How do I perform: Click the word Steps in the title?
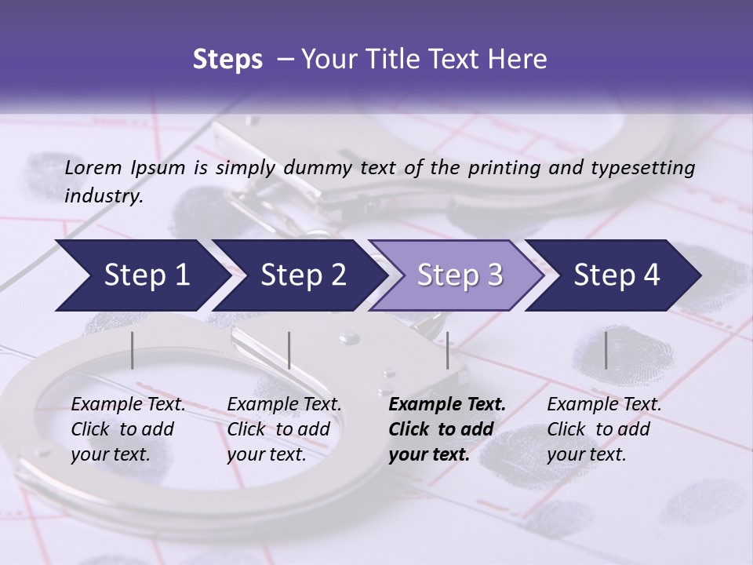227,59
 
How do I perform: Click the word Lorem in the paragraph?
93,167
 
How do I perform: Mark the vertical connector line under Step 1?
133,350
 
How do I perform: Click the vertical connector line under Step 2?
289,350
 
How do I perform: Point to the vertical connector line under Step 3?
447,350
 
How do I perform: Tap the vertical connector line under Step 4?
606,350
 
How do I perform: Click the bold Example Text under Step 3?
447,405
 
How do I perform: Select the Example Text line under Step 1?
128,405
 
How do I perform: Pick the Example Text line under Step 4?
604,405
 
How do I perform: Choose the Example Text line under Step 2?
284,405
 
